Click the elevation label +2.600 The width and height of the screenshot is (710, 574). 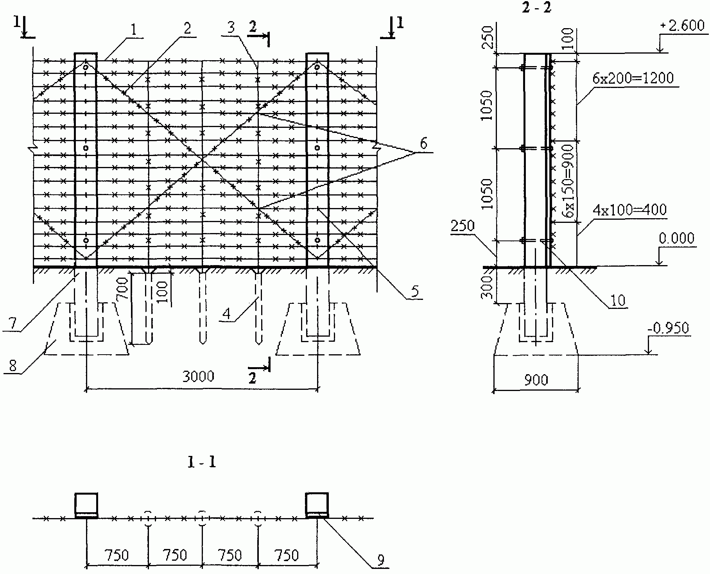(x=682, y=26)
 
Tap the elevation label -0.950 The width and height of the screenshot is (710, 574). (x=668, y=328)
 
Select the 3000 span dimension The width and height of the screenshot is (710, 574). (x=198, y=376)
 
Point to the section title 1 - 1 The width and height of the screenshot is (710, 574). (x=202, y=463)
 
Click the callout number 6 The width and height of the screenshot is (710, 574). (x=424, y=144)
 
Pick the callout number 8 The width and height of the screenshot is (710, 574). (x=13, y=366)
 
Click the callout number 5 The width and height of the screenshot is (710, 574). (x=414, y=291)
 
